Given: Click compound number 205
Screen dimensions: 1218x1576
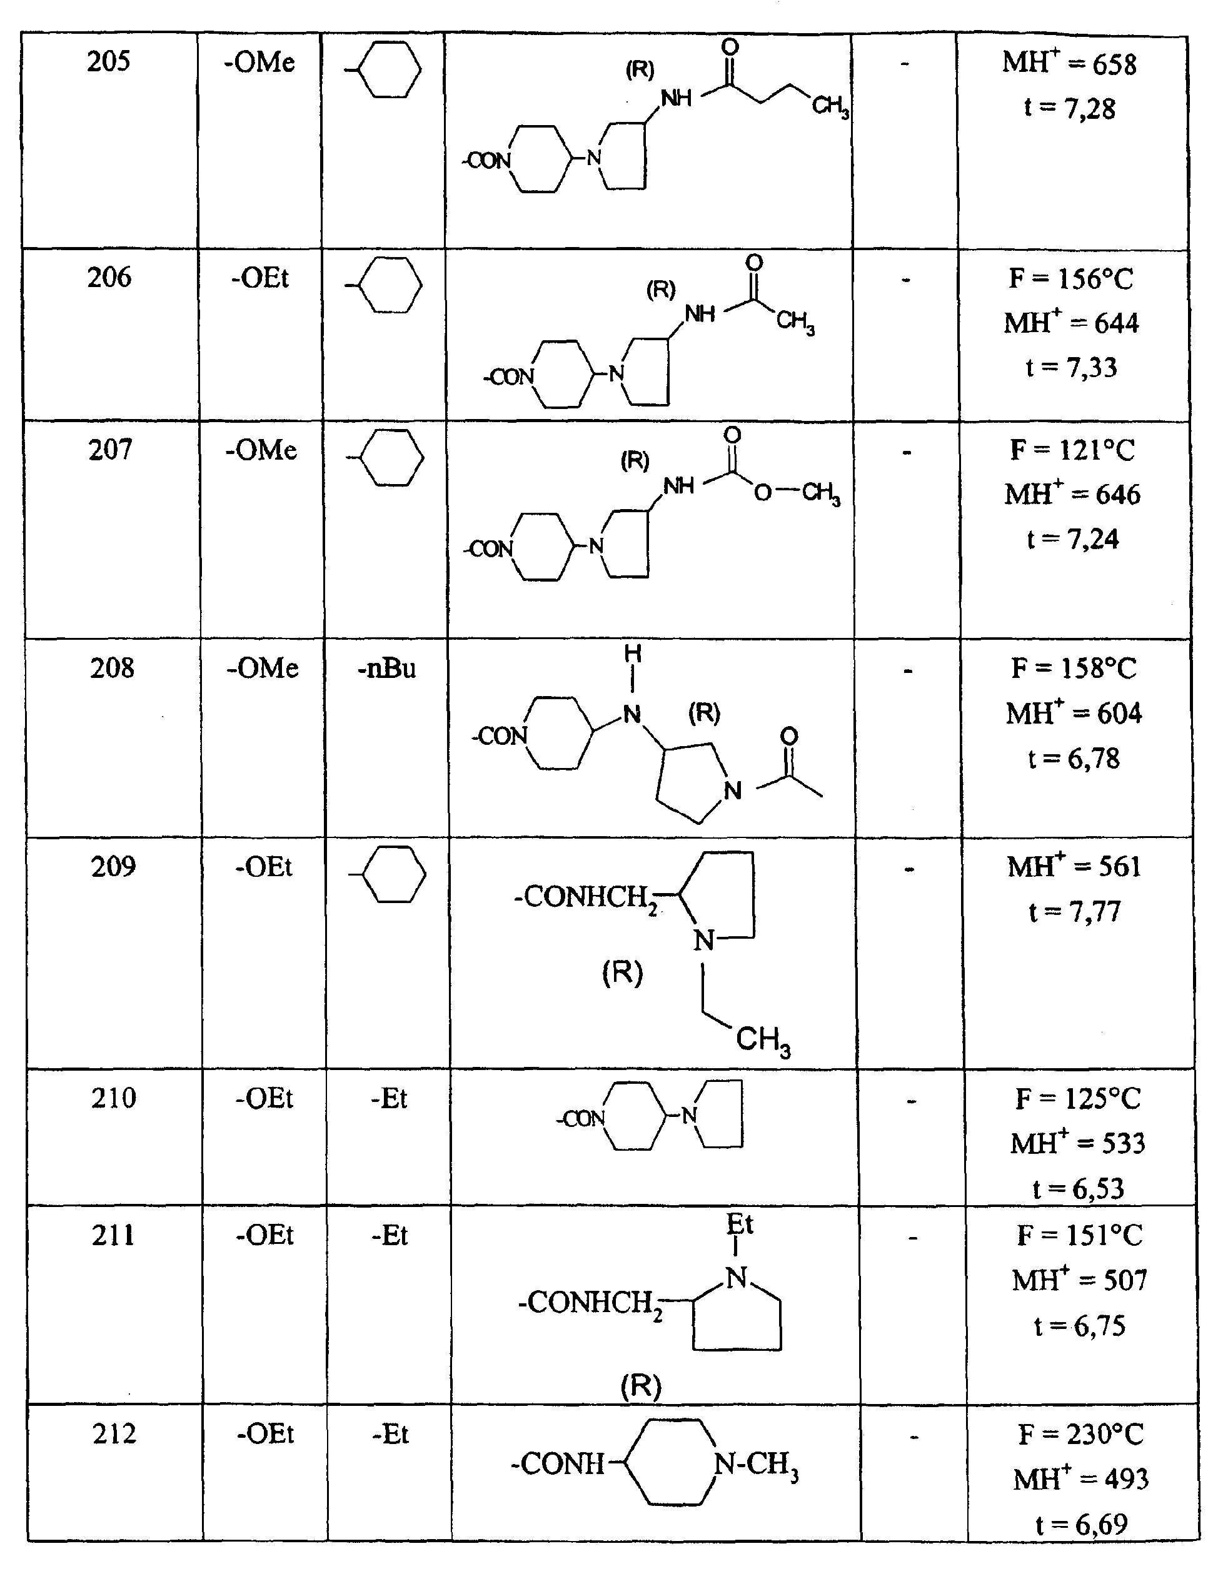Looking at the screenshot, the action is (x=108, y=62).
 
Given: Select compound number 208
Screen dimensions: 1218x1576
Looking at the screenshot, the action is (x=112, y=668).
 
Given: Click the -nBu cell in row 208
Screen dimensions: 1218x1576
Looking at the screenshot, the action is (x=387, y=668).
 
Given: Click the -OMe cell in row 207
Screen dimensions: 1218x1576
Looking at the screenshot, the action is (x=261, y=451).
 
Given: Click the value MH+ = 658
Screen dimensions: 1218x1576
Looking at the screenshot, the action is (x=1069, y=64).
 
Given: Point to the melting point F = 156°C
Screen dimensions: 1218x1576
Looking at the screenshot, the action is (x=1072, y=278).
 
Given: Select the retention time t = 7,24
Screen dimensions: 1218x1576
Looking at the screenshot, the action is (x=1073, y=539).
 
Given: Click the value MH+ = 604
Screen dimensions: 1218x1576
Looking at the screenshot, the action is (x=1074, y=713).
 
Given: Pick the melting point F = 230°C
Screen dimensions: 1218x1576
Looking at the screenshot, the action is (x=1081, y=1434).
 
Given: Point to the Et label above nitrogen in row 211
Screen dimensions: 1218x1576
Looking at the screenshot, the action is (x=740, y=1224).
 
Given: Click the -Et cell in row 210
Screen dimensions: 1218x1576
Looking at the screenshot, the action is (x=389, y=1099).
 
